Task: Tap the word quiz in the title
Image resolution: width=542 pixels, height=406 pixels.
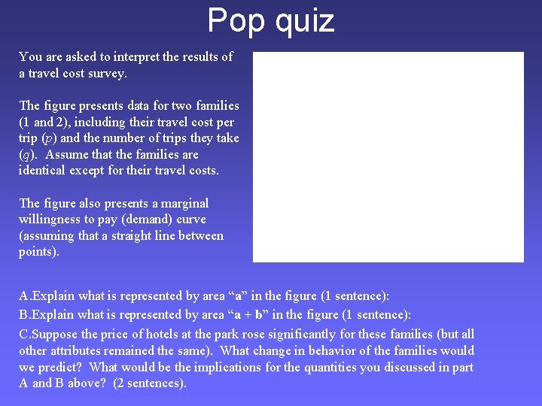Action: click(304, 20)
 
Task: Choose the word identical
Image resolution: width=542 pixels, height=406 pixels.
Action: click(44, 171)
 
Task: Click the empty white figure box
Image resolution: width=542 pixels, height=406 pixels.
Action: click(388, 156)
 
